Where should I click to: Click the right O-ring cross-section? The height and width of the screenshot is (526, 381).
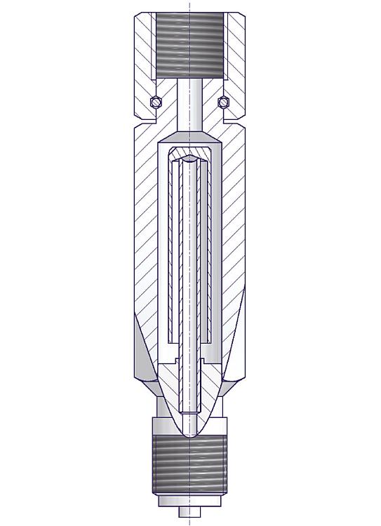click(223, 102)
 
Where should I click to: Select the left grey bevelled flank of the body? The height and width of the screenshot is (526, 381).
click(141, 351)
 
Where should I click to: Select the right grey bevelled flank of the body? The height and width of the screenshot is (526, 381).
click(238, 351)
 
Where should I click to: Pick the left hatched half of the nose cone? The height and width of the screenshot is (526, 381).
click(173, 393)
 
